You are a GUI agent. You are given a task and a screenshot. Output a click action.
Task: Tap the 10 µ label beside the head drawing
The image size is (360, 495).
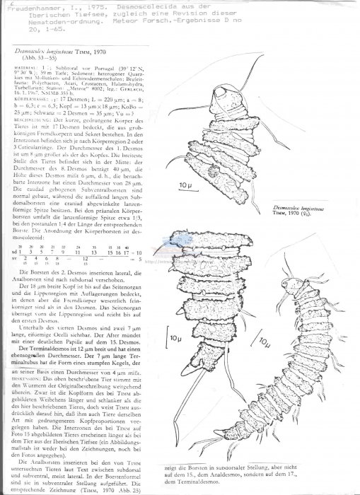tap(185, 186)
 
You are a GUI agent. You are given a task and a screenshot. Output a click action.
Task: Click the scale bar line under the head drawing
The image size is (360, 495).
tap(185, 192)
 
